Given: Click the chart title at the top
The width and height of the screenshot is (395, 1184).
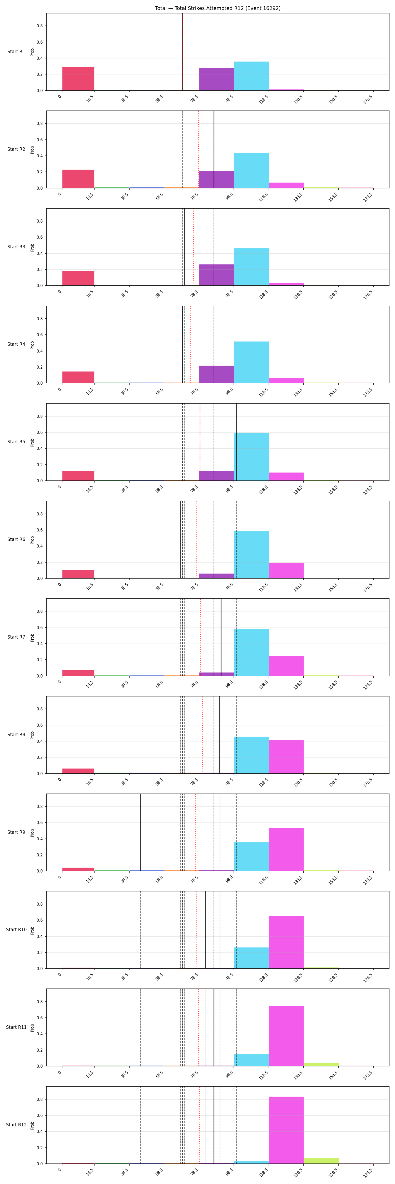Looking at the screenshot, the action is click(218, 8).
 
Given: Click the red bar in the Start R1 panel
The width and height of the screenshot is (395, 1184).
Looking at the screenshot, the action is click(78, 79).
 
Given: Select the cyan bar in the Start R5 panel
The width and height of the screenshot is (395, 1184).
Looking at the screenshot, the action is click(251, 457).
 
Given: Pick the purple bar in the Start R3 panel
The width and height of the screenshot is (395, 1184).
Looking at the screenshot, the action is click(216, 275).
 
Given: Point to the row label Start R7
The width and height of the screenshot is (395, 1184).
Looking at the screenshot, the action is click(16, 637).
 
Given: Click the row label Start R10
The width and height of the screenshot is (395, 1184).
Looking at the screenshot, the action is click(16, 929).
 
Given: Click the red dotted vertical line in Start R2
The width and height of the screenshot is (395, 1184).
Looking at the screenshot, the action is click(199, 149).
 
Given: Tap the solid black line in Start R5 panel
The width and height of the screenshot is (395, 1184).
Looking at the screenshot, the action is click(237, 442).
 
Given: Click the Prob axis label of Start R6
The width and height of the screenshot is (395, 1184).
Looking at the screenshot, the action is click(32, 540).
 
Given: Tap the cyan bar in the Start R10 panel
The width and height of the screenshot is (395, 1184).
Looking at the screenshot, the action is click(251, 958).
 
